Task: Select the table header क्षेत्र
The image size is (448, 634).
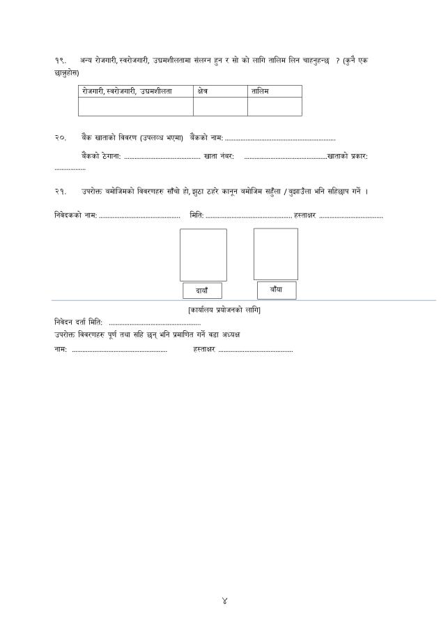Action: (205, 91)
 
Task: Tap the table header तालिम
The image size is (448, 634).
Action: (260, 91)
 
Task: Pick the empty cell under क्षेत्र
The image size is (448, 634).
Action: (220, 107)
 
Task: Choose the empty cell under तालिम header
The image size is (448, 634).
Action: (275, 107)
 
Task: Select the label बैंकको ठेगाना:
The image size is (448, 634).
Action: (101, 156)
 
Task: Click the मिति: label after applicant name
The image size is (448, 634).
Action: (196, 215)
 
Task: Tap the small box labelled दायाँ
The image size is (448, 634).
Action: (202, 291)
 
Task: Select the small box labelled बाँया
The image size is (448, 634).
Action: (276, 289)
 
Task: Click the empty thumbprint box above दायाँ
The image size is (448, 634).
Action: (203, 255)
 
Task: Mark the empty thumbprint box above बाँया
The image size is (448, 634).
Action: (275, 254)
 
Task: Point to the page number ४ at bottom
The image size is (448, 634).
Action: (224, 601)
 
